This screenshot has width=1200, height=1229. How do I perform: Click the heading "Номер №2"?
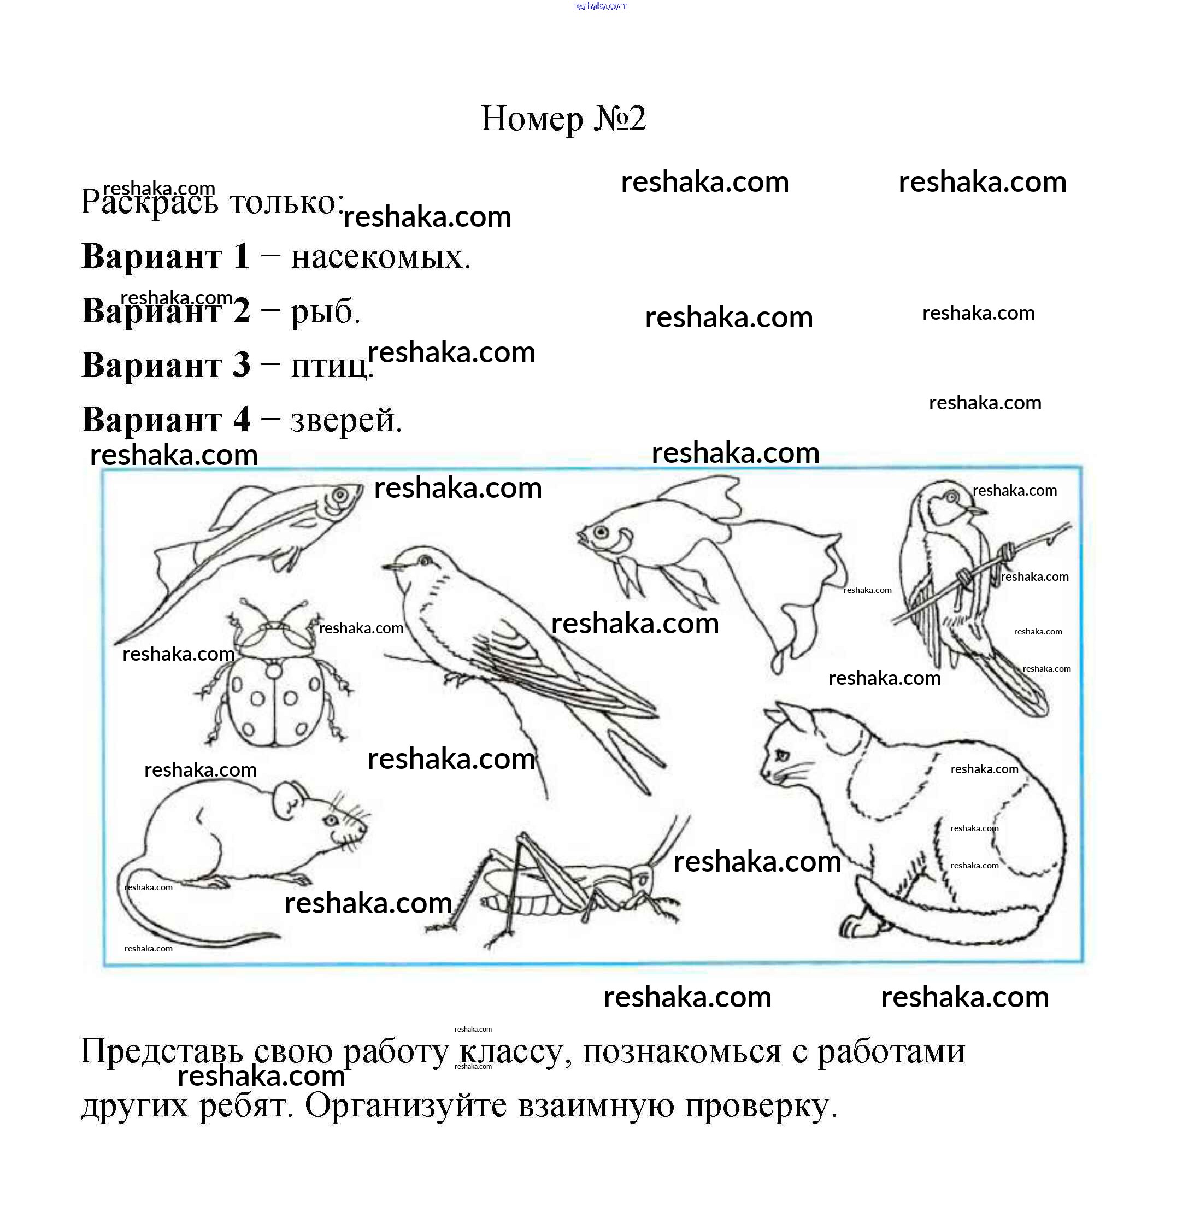563,119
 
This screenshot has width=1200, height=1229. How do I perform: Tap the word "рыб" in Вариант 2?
325,311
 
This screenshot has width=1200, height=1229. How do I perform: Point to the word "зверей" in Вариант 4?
346,420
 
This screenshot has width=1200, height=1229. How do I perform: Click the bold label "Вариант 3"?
166,365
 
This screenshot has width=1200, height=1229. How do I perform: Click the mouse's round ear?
291,799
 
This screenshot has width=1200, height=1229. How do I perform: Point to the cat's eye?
781,755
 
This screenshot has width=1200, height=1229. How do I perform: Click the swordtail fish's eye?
340,495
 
